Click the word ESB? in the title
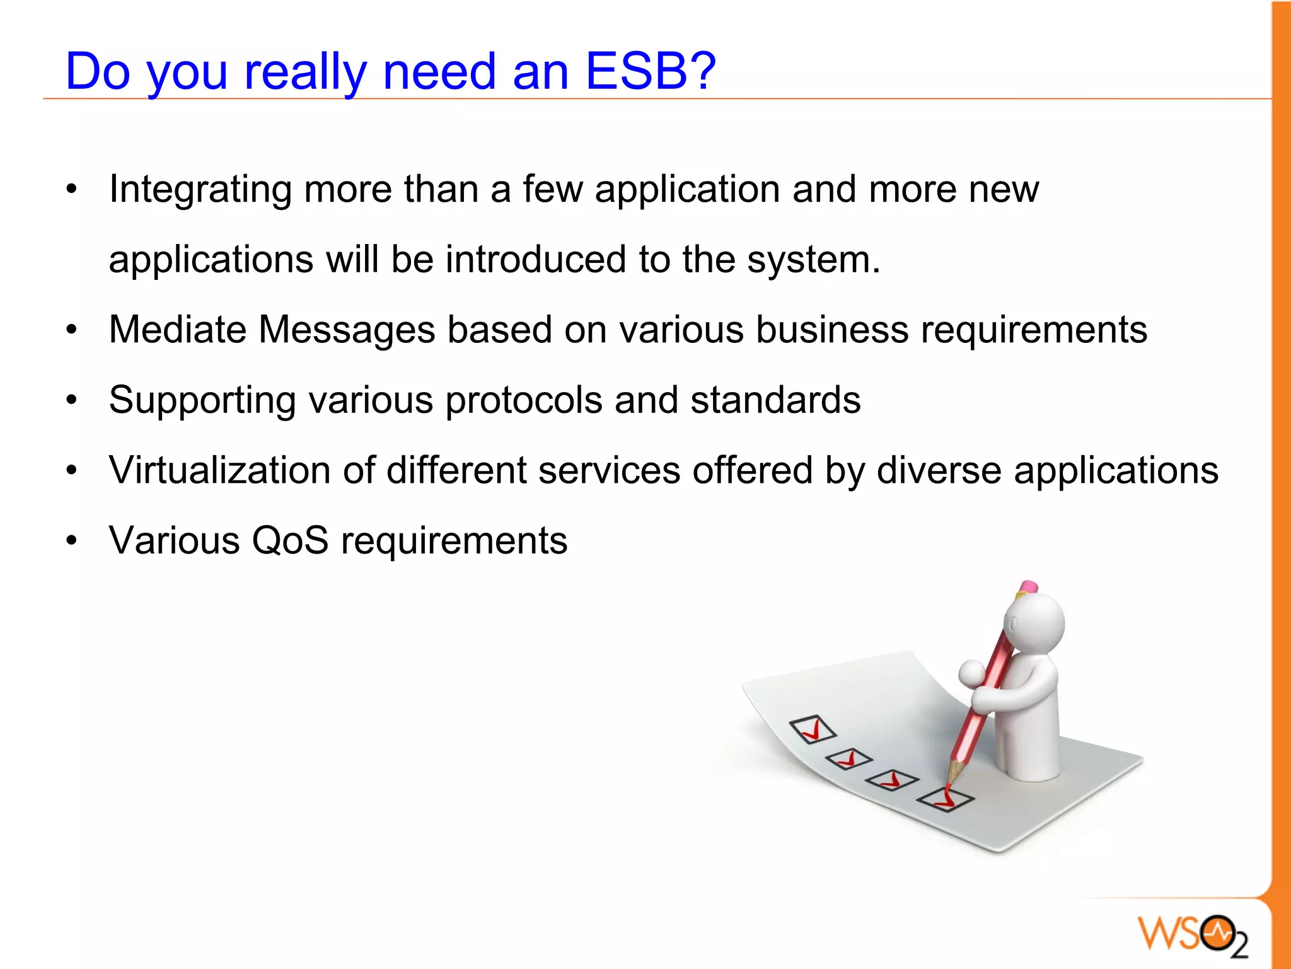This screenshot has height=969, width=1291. pyautogui.click(x=651, y=71)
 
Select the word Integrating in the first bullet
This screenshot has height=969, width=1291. pyautogui.click(x=200, y=189)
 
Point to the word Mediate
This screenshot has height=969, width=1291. pyautogui.click(x=177, y=330)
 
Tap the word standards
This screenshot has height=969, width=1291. pyautogui.click(x=775, y=400)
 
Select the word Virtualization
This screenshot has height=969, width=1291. pyautogui.click(x=219, y=470)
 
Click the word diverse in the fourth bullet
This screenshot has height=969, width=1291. pyautogui.click(x=939, y=470)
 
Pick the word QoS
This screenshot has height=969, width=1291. pyautogui.click(x=290, y=541)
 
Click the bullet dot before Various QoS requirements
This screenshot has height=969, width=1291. pyautogui.click(x=72, y=541)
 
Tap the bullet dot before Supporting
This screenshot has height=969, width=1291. pyautogui.click(x=72, y=400)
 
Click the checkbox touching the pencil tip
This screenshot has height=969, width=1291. pyautogui.click(x=945, y=799)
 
